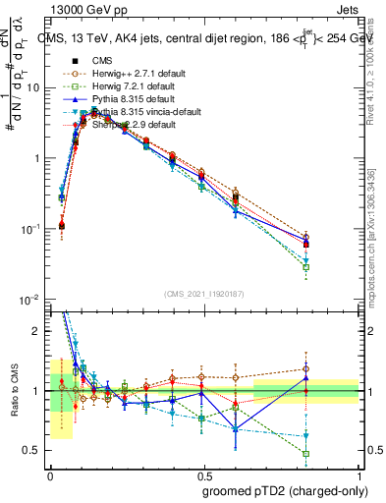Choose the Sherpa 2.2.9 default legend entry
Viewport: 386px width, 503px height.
(123, 125)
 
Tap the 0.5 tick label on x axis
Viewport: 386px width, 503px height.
(203, 473)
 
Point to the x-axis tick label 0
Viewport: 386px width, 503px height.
(50, 473)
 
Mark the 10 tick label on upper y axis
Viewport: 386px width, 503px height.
(33, 87)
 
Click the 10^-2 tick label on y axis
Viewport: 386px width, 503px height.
(29, 299)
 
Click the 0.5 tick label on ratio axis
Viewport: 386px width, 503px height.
(32, 451)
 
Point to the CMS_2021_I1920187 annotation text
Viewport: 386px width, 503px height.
(203, 294)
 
